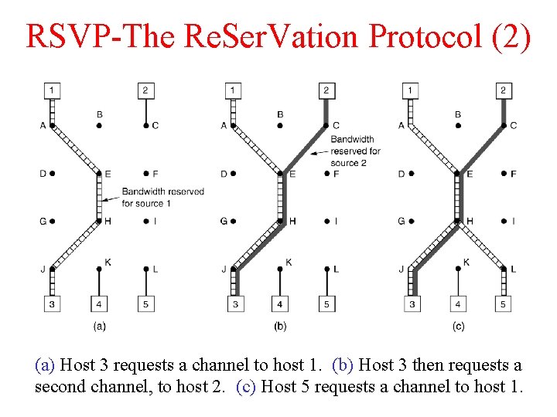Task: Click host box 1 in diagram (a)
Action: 52,91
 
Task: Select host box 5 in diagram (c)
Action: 503,305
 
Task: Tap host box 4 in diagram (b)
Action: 280,305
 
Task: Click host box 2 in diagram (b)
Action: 326,91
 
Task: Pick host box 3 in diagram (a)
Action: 52,305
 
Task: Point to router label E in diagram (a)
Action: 108,174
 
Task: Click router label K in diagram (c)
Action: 466,263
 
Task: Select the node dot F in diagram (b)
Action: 326,174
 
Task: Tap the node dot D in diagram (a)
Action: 53,174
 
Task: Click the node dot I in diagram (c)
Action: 504,222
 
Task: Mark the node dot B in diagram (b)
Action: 280,126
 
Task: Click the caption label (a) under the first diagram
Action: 99,327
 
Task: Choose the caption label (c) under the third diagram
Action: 458,327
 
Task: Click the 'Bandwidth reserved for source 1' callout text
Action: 162,197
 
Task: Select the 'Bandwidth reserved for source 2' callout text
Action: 355,151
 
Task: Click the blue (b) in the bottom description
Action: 341,364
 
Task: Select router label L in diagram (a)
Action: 155,269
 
